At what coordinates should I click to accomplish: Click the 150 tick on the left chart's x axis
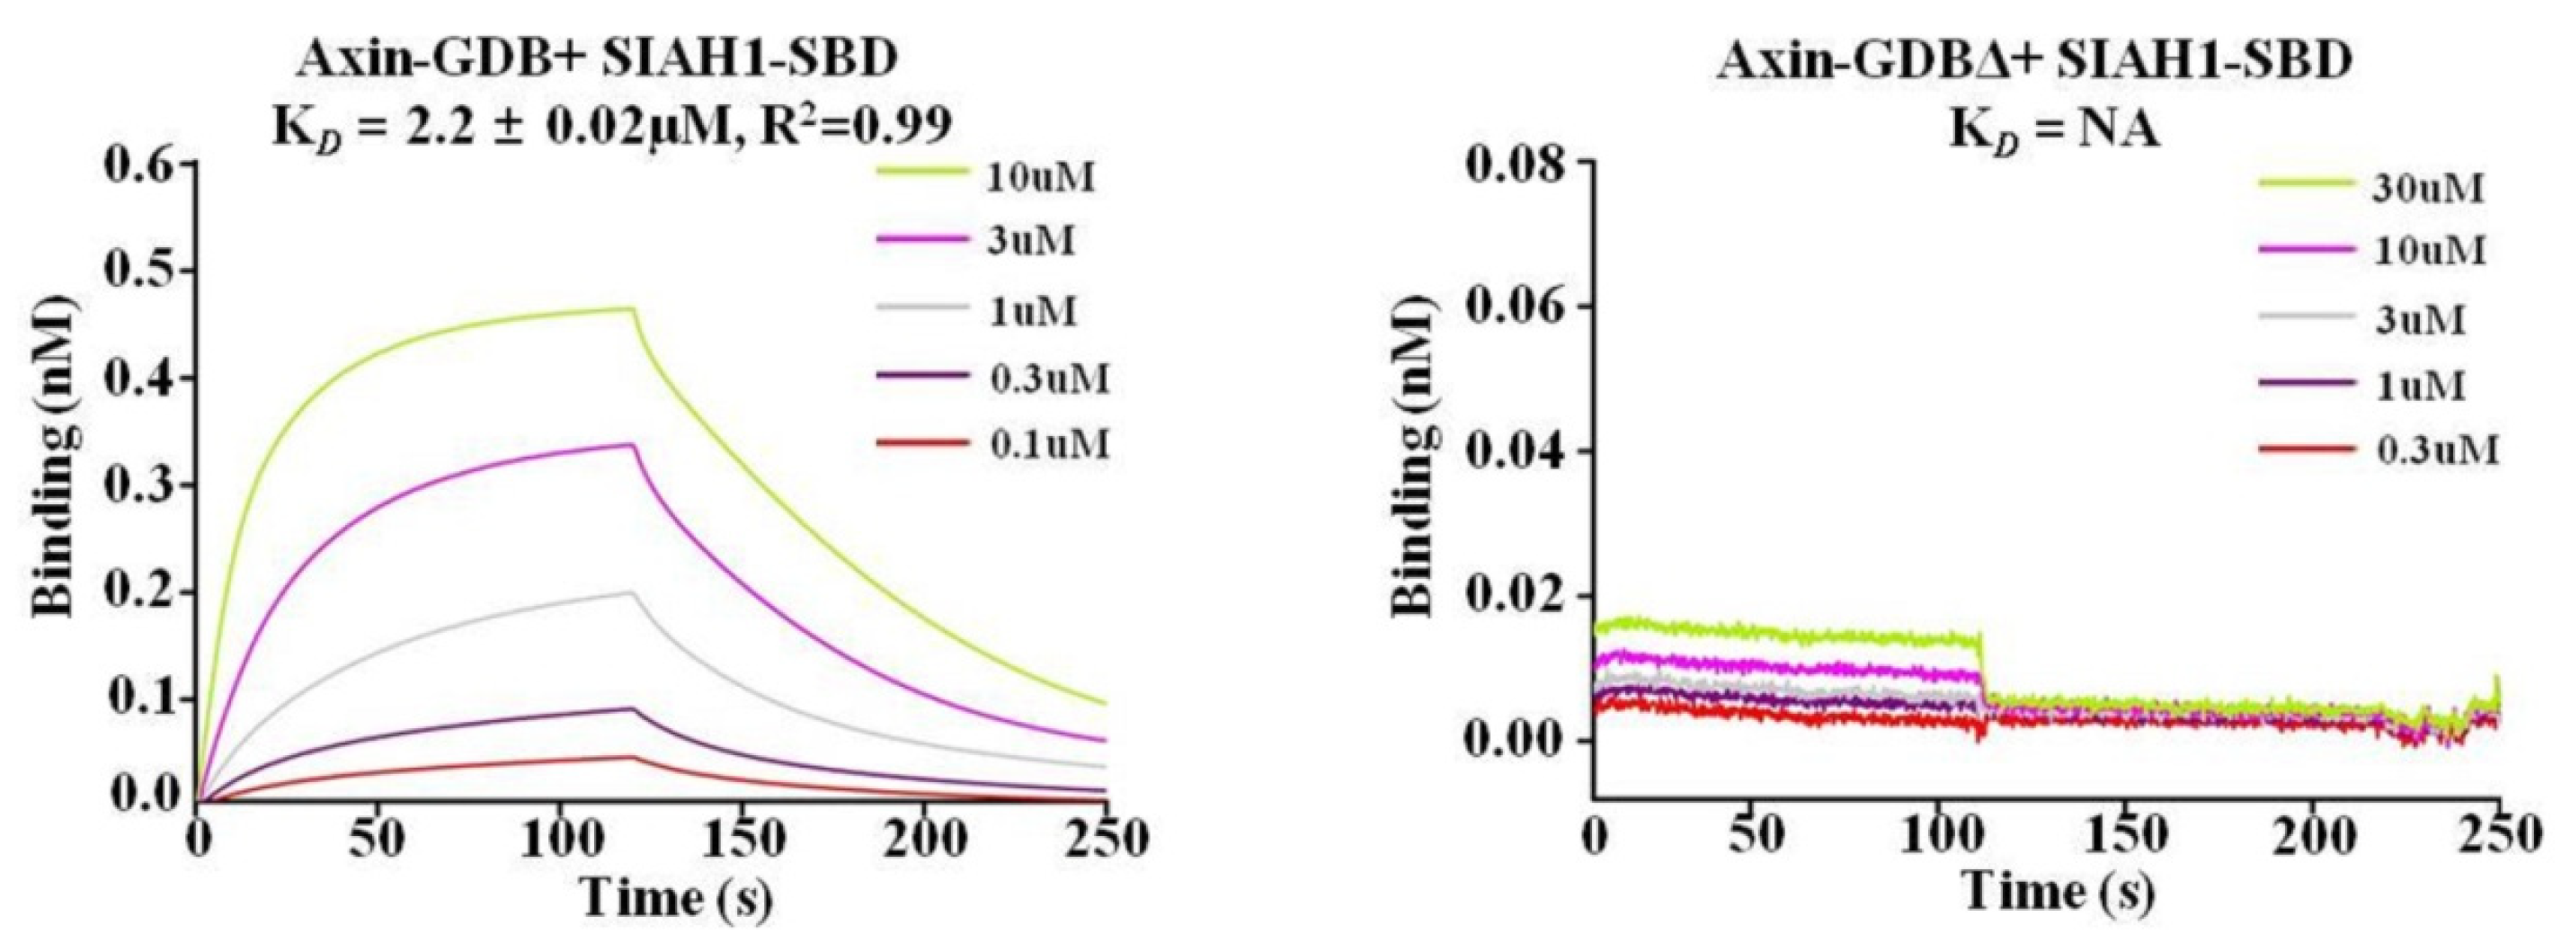(741, 841)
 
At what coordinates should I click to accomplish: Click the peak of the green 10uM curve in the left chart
(633, 309)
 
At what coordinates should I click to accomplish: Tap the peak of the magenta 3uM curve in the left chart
(633, 445)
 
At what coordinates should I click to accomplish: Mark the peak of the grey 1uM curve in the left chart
(632, 592)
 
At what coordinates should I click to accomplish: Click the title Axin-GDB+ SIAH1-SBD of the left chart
(597, 62)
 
